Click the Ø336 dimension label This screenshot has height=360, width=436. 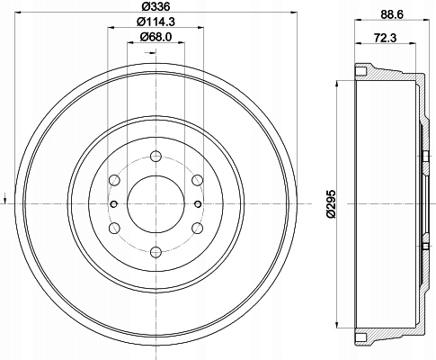156,6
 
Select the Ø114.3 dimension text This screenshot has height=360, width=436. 156,22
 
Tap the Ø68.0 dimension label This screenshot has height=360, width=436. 156,37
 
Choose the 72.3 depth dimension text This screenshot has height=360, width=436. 385,38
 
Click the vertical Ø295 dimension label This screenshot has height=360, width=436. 332,204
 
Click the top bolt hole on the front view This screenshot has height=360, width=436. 156,157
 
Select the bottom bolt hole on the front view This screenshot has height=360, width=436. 156,252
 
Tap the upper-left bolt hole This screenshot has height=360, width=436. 114,180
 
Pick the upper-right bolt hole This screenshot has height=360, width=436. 197,180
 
